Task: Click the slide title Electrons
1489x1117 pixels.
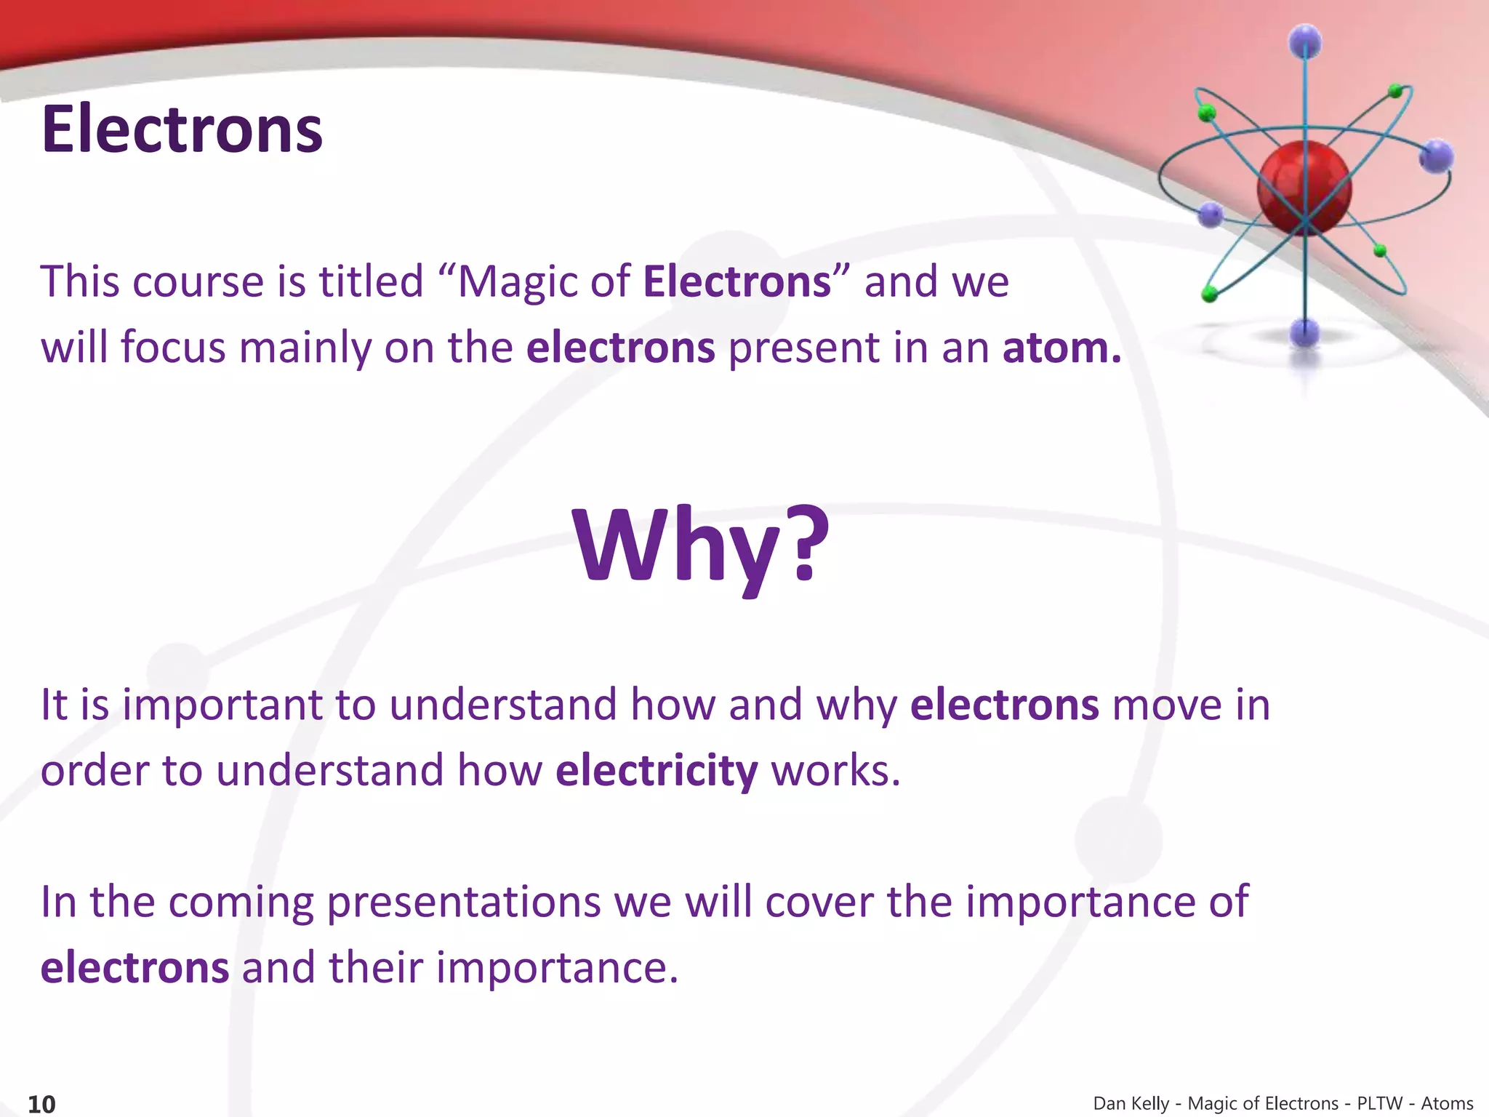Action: tap(182, 129)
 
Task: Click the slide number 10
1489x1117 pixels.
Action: tap(41, 1104)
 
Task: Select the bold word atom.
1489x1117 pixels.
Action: tap(1061, 348)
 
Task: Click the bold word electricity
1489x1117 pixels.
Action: tap(657, 770)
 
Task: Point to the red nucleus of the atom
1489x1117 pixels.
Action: tap(1304, 189)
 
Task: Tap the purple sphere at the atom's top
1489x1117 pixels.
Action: tap(1306, 41)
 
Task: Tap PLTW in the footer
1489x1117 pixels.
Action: tap(1379, 1103)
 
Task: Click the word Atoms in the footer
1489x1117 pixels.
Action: tap(1447, 1103)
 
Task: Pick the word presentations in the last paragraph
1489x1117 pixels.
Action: tap(463, 902)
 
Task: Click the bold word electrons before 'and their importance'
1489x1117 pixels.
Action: tap(135, 968)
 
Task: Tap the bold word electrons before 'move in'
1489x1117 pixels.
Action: tap(1004, 705)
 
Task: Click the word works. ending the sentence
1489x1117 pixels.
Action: tap(835, 770)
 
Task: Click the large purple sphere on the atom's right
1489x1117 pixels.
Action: tap(1436, 156)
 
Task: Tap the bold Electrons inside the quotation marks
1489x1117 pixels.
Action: tap(737, 281)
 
